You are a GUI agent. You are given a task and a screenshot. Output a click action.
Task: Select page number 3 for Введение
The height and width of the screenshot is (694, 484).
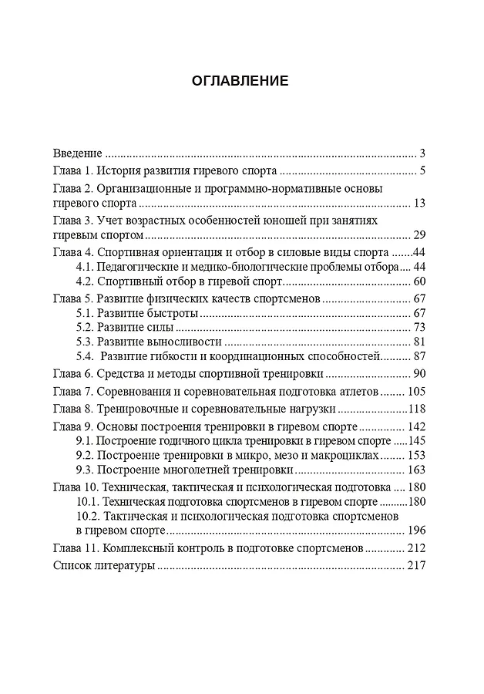point(423,153)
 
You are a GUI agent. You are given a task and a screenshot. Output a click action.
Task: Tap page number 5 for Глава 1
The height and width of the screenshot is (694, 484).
point(423,170)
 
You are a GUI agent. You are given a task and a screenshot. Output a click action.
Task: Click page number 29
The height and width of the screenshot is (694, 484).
point(420,235)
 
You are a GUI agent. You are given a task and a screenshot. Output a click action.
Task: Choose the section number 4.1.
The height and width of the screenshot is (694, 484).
point(84,267)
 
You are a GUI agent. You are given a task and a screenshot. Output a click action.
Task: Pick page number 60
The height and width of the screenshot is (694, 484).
point(420,281)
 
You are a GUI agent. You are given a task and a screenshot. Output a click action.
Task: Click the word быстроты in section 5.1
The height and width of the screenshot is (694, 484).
point(173,313)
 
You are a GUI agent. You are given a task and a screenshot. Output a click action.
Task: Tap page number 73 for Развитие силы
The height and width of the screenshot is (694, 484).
point(420,327)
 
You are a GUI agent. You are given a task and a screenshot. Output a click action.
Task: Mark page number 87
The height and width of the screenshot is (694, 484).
point(420,356)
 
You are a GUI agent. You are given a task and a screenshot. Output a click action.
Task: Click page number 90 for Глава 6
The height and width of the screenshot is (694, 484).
point(420,374)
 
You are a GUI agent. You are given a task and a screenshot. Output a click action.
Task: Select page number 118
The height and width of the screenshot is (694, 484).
point(417,409)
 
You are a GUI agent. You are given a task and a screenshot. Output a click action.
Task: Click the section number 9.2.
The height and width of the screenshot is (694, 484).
point(84,456)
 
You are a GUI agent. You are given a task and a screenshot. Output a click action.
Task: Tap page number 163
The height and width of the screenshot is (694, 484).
point(417,470)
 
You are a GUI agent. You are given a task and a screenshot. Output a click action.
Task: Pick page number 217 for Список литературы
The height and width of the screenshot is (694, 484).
point(417,566)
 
